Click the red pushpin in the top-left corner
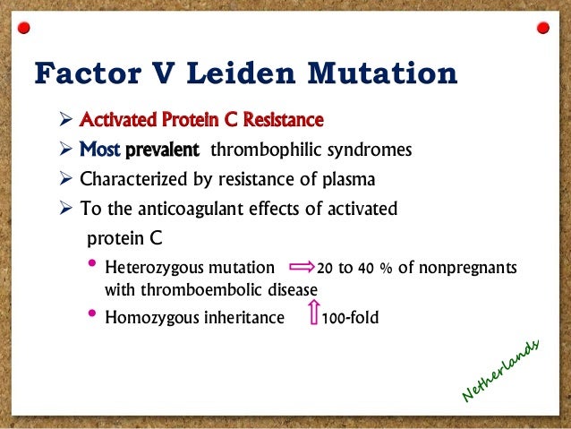tap(29, 29)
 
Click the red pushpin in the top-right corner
tap(541, 29)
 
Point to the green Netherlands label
tap(502, 370)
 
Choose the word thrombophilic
tap(256, 150)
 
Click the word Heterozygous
tap(153, 268)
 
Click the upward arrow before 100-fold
tap(313, 314)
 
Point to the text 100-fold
tap(351, 316)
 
